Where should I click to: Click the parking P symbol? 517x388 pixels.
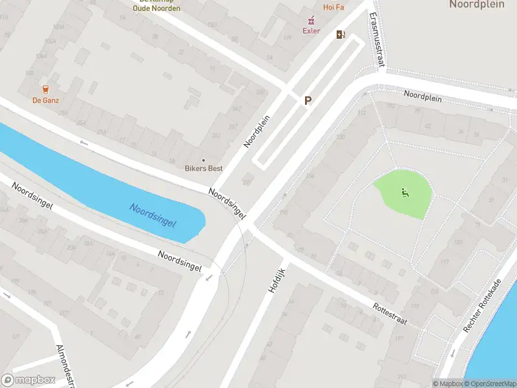click(x=308, y=100)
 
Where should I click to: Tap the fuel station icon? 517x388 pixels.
click(x=341, y=35)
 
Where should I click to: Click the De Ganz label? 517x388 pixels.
click(x=45, y=100)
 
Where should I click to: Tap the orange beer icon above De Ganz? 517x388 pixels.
click(x=45, y=89)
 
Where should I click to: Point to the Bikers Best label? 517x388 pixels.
click(x=204, y=169)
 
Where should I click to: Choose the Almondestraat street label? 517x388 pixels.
click(x=67, y=366)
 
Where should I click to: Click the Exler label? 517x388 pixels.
click(x=311, y=30)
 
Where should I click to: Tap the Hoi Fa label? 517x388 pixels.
click(x=333, y=7)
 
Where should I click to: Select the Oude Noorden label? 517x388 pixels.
click(x=156, y=8)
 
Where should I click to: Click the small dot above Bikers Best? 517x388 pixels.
click(x=204, y=160)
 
